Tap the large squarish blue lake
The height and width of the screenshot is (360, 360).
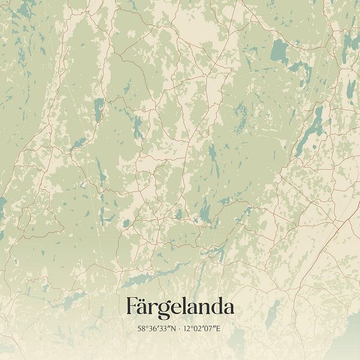[278, 52]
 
